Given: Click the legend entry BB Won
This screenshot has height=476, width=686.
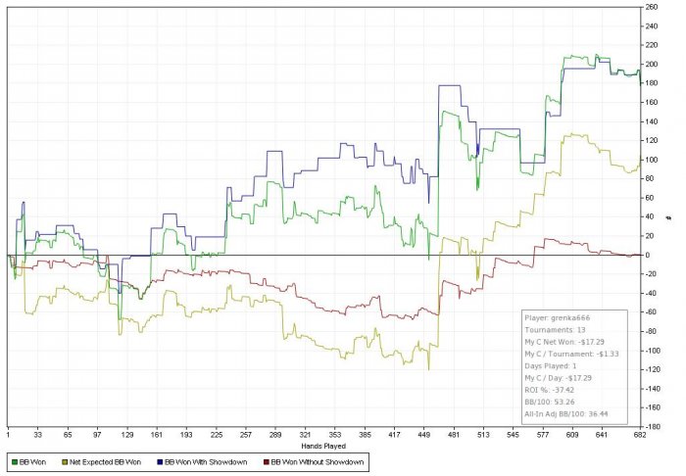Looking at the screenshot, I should (x=31, y=458).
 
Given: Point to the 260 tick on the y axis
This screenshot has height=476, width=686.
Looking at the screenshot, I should (x=651, y=7).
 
